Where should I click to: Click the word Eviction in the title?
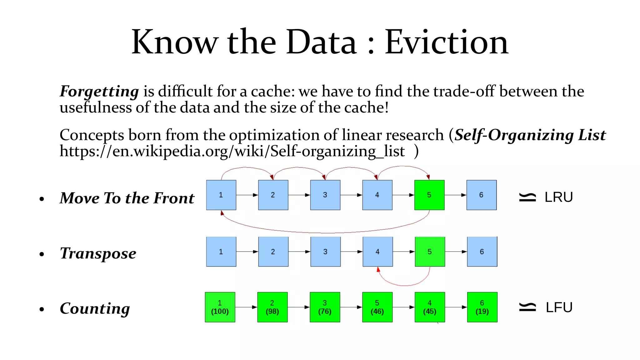pos(446,42)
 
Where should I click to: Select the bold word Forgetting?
pos(99,91)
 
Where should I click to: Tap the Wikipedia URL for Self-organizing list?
pos(232,152)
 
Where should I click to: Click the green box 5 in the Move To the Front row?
pos(429,195)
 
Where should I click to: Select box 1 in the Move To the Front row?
pos(221,195)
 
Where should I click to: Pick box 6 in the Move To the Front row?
pos(481,195)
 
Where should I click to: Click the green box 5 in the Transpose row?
pos(430,252)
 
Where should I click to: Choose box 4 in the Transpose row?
pos(377,252)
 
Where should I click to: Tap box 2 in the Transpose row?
pos(273,252)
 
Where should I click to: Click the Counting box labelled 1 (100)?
pos(220,307)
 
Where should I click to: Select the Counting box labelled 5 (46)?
pos(377,307)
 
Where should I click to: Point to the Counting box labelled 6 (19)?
pos(482,307)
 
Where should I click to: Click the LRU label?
pos(558,197)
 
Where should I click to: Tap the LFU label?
pos(559,307)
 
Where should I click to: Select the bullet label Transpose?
pos(98,253)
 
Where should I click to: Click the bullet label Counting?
pos(95,308)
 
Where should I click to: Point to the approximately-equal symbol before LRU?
pos(527,197)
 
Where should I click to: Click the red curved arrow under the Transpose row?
pos(405,285)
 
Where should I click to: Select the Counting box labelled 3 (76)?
pos(325,307)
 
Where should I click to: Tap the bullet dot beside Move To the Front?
pos(42,199)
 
